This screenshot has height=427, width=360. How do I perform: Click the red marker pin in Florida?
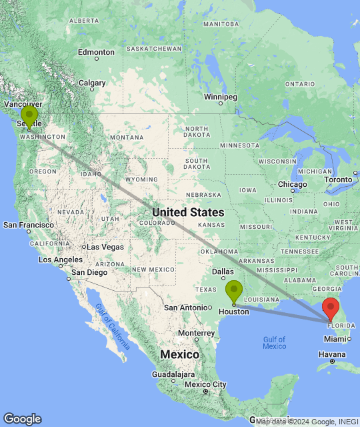point(331,309)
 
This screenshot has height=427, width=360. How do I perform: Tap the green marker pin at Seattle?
point(29,116)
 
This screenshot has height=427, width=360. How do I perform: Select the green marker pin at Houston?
point(234,291)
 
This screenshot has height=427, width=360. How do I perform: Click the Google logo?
point(22,419)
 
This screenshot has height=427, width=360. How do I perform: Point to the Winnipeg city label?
point(221,97)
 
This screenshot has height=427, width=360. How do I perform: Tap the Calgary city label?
point(93,83)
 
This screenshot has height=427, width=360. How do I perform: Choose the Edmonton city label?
point(96,52)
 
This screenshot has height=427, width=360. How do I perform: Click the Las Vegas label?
point(105,247)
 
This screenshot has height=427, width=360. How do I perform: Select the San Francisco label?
point(29,225)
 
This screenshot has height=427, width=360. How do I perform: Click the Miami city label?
point(337,339)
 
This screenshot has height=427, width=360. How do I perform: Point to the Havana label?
point(332,354)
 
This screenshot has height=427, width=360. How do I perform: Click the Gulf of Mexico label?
point(274,343)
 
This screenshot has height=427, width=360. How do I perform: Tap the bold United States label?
point(188,212)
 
